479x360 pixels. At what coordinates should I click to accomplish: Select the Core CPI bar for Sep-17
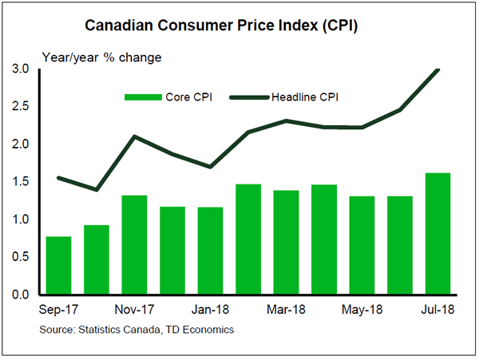58,265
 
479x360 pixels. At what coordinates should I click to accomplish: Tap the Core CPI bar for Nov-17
134,244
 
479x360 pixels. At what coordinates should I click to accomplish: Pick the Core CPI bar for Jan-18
210,251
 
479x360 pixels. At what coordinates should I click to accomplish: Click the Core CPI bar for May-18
362,245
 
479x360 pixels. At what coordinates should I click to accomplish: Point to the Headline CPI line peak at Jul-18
438,69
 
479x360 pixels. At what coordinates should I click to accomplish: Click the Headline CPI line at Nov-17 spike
134,136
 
